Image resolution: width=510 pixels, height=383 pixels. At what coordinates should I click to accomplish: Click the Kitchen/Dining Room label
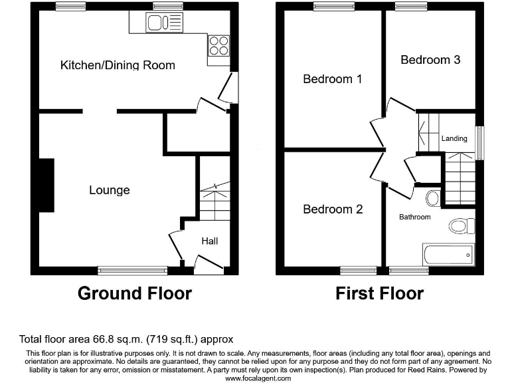(118, 65)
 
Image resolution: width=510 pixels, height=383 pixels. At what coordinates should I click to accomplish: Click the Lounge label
(110, 190)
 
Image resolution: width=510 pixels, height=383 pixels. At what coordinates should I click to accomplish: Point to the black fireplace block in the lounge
(46, 185)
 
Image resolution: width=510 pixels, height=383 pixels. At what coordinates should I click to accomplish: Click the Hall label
(210, 241)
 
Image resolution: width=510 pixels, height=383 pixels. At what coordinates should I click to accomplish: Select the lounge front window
(132, 270)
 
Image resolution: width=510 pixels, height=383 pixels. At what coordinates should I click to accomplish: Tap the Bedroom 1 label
(332, 79)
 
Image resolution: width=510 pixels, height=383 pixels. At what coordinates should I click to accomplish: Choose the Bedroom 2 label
(333, 209)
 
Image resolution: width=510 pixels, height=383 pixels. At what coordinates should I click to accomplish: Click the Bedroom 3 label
(430, 60)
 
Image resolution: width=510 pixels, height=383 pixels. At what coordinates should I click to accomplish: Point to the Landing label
(454, 138)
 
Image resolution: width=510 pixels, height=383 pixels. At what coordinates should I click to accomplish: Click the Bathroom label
(414, 217)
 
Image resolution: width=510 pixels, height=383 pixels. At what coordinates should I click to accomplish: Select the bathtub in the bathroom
(448, 254)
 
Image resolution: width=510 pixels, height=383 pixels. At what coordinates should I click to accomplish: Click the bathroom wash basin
(432, 197)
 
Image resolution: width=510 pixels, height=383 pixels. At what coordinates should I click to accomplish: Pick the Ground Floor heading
(135, 293)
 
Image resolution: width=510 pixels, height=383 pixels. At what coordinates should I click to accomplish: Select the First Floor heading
(379, 293)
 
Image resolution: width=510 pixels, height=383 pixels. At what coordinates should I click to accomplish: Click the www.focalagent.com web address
(258, 378)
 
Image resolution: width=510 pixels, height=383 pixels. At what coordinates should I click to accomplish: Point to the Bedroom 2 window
(358, 271)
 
